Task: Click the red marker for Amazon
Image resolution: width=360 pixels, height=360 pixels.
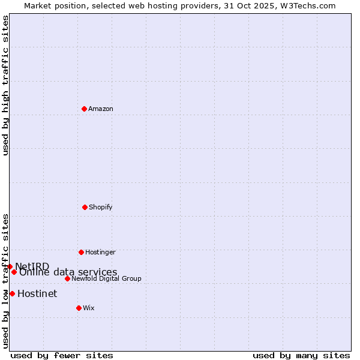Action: [x=85, y=109]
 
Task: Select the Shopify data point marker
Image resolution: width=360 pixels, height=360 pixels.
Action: [x=85, y=207]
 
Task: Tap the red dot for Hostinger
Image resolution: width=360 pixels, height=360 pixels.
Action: [x=81, y=252]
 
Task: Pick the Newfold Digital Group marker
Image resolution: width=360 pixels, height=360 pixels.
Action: [x=67, y=278]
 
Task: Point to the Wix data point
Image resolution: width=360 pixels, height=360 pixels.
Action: [x=79, y=308]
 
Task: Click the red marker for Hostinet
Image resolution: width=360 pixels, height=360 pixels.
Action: [x=12, y=293]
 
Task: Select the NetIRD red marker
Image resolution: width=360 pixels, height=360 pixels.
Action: [x=10, y=266]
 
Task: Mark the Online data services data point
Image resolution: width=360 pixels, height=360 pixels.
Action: [x=14, y=272]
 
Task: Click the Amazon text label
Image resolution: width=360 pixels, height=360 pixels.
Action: [x=101, y=109]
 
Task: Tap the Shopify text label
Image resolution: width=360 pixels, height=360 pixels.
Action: [x=101, y=207]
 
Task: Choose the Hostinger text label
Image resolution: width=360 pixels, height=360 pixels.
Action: [x=100, y=252]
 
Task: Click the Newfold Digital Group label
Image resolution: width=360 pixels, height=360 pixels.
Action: [x=106, y=278]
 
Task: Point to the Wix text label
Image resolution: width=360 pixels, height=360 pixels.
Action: [x=89, y=308]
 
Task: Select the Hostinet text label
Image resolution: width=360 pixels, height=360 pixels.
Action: [x=37, y=293]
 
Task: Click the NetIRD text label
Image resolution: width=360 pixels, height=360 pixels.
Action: [x=32, y=266]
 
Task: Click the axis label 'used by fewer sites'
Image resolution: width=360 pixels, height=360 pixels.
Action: [x=62, y=355]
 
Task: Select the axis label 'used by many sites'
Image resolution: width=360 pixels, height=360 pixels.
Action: [x=301, y=355]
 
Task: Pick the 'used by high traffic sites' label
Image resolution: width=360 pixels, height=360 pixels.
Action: [x=5, y=85]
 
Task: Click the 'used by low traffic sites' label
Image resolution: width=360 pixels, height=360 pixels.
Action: [x=5, y=280]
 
